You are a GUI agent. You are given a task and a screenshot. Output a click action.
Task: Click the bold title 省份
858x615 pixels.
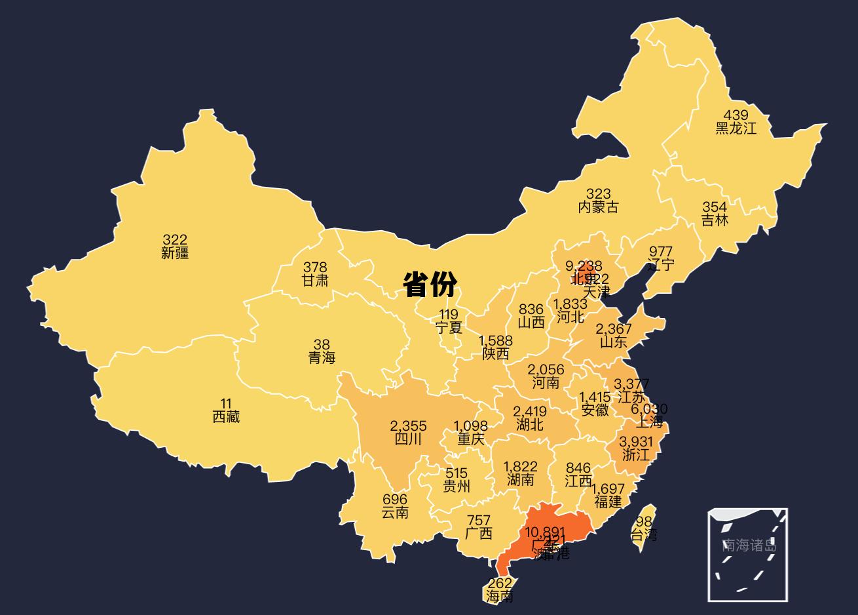[430, 285]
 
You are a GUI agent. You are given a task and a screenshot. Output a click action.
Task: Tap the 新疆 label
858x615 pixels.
[175, 253]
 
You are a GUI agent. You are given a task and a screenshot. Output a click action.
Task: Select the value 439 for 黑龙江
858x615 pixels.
[736, 115]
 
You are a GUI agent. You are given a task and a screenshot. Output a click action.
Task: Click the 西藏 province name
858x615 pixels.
[226, 416]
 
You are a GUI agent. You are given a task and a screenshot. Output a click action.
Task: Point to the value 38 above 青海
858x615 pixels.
[322, 344]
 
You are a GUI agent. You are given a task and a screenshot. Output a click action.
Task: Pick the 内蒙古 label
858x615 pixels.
[598, 207]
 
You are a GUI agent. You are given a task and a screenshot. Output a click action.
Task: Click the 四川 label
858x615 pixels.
[408, 439]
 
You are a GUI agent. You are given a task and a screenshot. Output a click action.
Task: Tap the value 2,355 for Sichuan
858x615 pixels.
[408, 426]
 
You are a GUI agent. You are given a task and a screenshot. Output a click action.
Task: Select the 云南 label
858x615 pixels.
[395, 513]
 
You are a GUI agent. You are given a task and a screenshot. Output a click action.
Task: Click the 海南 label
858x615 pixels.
[500, 597]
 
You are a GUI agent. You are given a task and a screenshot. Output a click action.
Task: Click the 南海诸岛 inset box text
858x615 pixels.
[749, 545]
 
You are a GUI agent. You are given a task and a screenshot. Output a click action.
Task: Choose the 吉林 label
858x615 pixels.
[715, 220]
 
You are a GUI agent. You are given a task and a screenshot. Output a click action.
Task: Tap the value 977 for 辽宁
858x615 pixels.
[660, 252]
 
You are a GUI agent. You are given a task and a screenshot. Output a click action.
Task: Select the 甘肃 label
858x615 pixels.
[315, 281]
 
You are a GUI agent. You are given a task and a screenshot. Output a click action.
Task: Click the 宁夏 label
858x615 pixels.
[449, 327]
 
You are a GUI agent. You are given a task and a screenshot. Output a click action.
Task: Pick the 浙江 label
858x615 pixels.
[635, 454]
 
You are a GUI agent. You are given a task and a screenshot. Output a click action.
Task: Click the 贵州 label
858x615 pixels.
[457, 486]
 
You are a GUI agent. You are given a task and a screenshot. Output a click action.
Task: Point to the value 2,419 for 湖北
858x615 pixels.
[529, 412]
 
